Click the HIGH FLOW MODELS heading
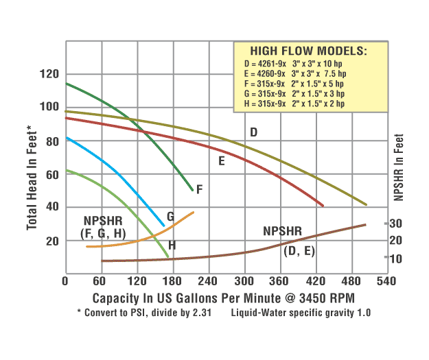[308, 51]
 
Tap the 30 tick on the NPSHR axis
[396, 224]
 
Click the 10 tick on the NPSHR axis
[396, 259]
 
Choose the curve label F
[199, 189]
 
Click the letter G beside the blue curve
[170, 217]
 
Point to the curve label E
[222, 161]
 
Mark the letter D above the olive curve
[253, 132]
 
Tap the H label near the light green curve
[172, 245]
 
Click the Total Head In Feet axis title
[32, 178]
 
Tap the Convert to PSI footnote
[145, 313]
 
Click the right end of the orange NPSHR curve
[193, 213]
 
